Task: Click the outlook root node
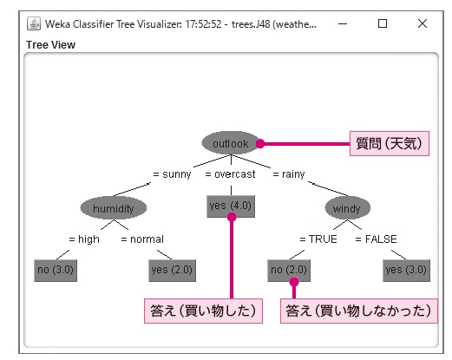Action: [231, 143]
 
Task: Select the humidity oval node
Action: [114, 208]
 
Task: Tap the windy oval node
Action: [347, 208]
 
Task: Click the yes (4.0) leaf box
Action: [231, 206]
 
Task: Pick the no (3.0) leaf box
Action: [56, 271]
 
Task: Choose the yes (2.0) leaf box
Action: [172, 271]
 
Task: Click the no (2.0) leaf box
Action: [289, 271]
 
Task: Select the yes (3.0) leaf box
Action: [406, 271]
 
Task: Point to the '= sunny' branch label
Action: [172, 174]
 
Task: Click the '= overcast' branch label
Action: [230, 174]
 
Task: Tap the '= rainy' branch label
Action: [289, 174]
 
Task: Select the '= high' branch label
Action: [84, 239]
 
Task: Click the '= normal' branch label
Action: [142, 239]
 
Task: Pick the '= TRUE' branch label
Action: [318, 239]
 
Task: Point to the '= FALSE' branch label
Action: [376, 239]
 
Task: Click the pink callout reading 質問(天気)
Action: [390, 143]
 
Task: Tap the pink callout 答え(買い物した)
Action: [203, 311]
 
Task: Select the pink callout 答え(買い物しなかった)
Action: [359, 311]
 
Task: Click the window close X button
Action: [423, 23]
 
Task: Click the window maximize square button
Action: [383, 23]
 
